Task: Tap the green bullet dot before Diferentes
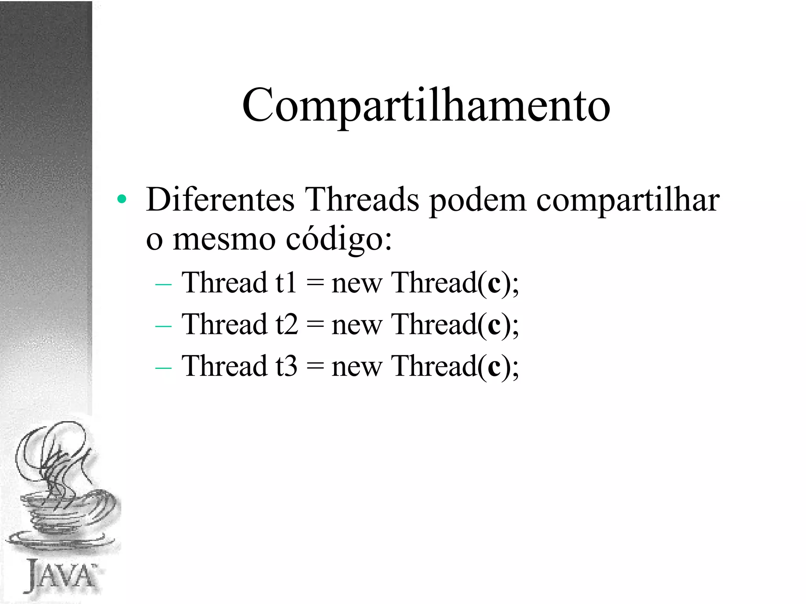[122, 199]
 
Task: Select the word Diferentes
[220, 200]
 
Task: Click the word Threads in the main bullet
[362, 200]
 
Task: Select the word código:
[339, 240]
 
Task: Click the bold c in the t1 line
[494, 284]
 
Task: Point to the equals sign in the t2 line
[315, 325]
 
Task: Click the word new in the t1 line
[357, 284]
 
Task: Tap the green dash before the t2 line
[163, 326]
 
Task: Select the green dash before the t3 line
[163, 368]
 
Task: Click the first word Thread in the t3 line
[224, 366]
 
